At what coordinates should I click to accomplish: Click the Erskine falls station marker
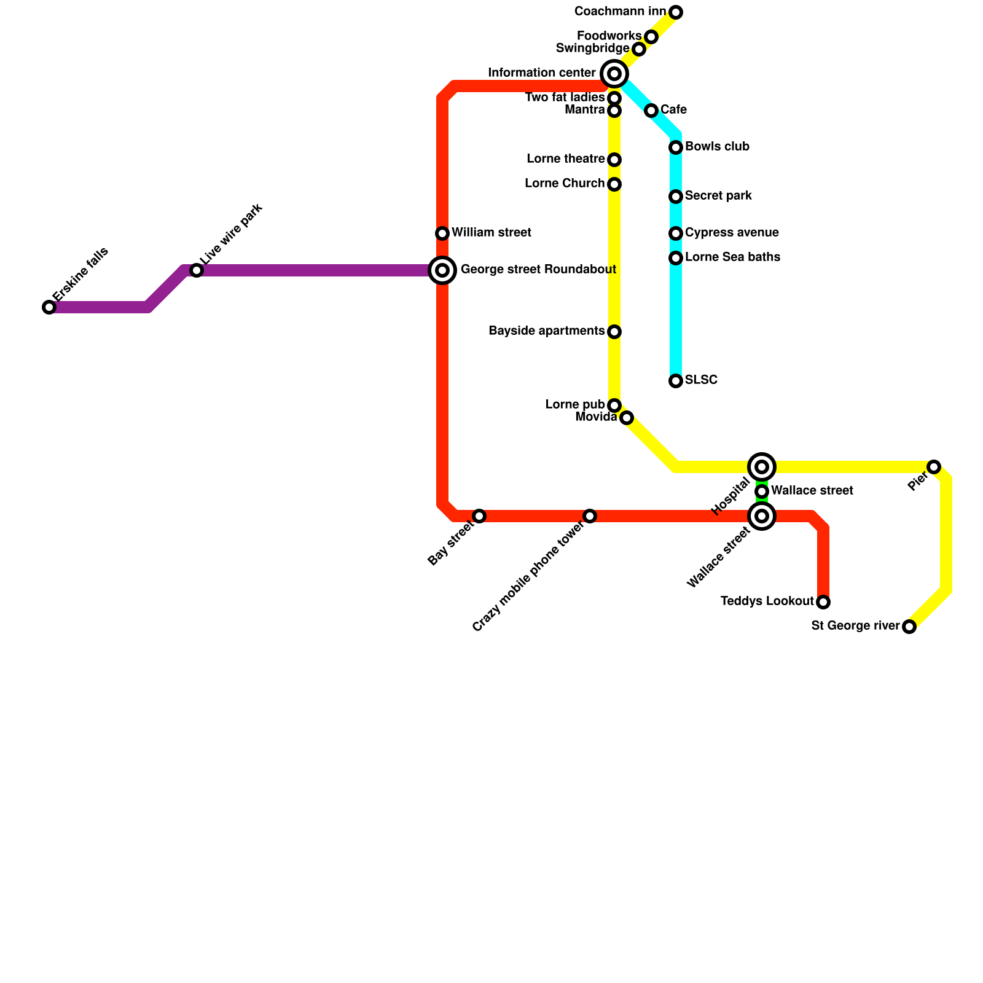click(49, 307)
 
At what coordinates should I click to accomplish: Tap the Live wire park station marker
click(196, 270)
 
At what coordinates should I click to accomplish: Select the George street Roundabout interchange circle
click(442, 270)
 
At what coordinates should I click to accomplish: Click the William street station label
click(491, 233)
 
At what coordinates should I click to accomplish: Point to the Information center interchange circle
click(614, 74)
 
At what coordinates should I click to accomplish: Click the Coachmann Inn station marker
click(676, 12)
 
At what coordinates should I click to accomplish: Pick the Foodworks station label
click(609, 36)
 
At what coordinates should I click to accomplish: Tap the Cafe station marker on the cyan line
click(651, 111)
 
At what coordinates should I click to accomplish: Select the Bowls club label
click(717, 147)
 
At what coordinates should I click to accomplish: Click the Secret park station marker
click(676, 197)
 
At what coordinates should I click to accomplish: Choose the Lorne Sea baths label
click(732, 257)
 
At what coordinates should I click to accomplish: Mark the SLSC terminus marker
click(676, 381)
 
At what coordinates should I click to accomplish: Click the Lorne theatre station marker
click(614, 160)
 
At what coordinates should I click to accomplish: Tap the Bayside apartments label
click(546, 331)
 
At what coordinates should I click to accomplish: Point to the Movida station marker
click(626, 418)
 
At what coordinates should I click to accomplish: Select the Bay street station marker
click(479, 516)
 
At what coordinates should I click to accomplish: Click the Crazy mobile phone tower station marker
click(590, 516)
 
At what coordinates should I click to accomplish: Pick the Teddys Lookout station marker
click(823, 602)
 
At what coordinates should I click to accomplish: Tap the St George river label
click(855, 626)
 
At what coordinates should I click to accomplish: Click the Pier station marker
click(934, 467)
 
